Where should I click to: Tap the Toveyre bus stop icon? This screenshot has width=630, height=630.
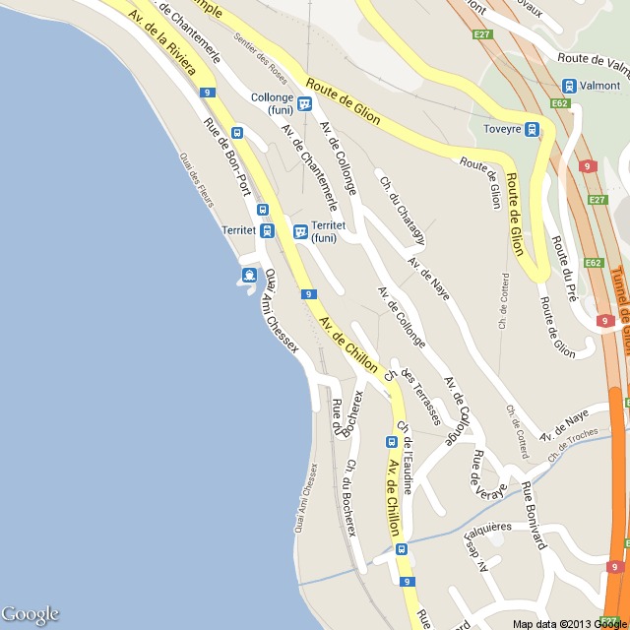pyautogui.click(x=532, y=129)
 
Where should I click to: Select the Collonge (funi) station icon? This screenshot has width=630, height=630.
pyautogui.click(x=305, y=103)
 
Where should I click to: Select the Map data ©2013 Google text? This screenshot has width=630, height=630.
pyautogui.click(x=569, y=623)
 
